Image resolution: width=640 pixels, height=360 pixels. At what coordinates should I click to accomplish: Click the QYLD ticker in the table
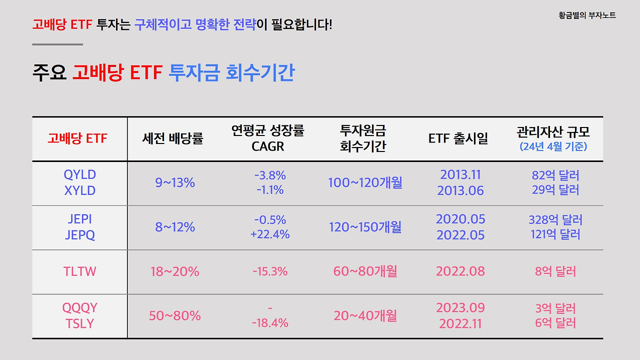pyautogui.click(x=80, y=174)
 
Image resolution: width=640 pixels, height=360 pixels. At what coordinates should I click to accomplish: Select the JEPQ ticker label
pyautogui.click(x=80, y=235)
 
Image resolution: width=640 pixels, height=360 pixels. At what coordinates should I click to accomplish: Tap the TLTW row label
pyautogui.click(x=80, y=272)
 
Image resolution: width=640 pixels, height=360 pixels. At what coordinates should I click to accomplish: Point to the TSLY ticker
pyautogui.click(x=80, y=323)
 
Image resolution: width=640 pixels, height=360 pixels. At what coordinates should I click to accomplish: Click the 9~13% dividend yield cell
pyautogui.click(x=175, y=183)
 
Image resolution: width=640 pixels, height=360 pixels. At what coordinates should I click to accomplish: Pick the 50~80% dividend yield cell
pyautogui.click(x=175, y=316)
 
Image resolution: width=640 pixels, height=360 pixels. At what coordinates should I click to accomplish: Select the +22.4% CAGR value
pyautogui.click(x=270, y=234)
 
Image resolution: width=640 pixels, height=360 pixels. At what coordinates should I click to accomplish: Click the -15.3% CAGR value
pyautogui.click(x=270, y=272)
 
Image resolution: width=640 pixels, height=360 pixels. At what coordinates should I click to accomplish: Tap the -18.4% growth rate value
pyautogui.click(x=270, y=323)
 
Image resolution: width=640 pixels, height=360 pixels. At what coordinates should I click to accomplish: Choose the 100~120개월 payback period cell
pyautogui.click(x=365, y=183)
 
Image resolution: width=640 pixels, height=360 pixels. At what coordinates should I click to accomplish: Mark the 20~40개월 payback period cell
pyautogui.click(x=365, y=316)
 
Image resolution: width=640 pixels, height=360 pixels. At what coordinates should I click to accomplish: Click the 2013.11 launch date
pyautogui.click(x=460, y=174)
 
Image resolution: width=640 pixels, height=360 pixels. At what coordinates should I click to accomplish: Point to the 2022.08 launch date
pyautogui.click(x=460, y=271)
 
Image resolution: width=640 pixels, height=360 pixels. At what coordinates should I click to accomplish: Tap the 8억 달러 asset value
pyautogui.click(x=555, y=271)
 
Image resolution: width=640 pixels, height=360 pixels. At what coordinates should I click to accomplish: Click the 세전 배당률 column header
pyautogui.click(x=172, y=138)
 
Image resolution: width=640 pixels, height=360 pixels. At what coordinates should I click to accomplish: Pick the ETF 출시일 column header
pyautogui.click(x=458, y=138)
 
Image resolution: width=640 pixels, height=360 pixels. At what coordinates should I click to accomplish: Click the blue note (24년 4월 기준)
pyautogui.click(x=553, y=146)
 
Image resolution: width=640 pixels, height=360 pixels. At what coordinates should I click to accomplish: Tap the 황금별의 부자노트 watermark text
pyautogui.click(x=587, y=15)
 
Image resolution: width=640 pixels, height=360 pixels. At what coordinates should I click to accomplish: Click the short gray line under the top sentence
pyautogui.click(x=57, y=44)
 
